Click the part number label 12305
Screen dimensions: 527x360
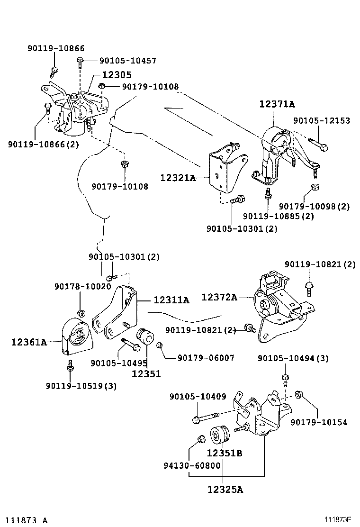tap(116, 75)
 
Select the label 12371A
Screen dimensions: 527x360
tap(276, 104)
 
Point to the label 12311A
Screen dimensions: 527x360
tap(171, 300)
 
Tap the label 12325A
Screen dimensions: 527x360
tap(225, 489)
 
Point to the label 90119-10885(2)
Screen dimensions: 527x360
tap(278, 216)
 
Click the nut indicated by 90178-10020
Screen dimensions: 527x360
tap(81, 313)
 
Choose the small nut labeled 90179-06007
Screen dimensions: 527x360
tap(160, 346)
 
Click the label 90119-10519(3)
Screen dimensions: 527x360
tap(81, 386)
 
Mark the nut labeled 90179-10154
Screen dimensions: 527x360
tap(299, 395)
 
